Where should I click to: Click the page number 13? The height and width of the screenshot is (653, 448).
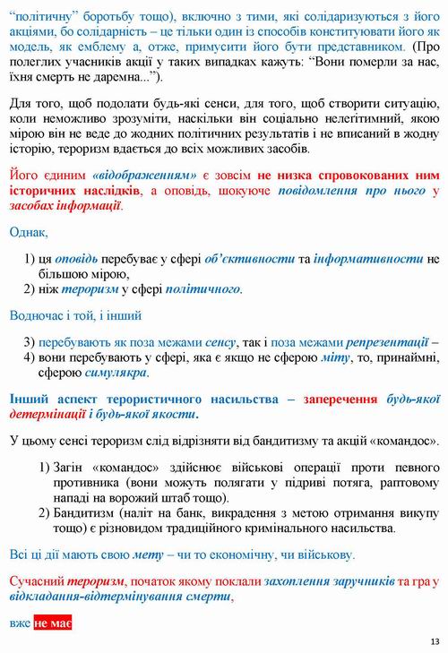click(x=435, y=640)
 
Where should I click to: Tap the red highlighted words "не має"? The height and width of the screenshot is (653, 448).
click(x=53, y=623)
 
